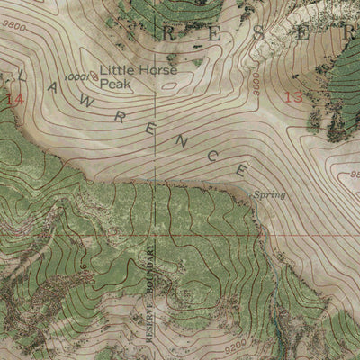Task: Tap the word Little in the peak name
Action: [x=114, y=67]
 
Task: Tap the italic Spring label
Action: [x=268, y=194]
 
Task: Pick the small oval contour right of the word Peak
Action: [x=168, y=87]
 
